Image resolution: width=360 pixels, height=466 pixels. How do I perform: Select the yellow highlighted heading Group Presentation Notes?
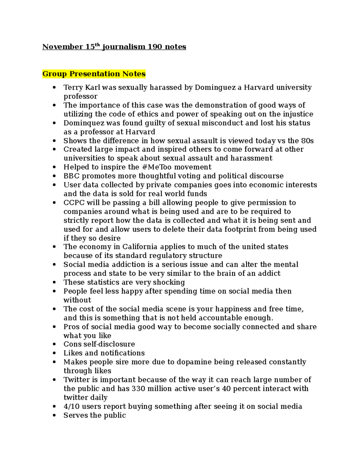point(94,74)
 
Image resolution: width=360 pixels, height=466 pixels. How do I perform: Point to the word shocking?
point(169,282)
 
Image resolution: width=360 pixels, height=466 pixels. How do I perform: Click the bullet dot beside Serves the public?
point(54,416)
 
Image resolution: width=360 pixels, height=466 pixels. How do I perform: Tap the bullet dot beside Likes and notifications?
point(54,353)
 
